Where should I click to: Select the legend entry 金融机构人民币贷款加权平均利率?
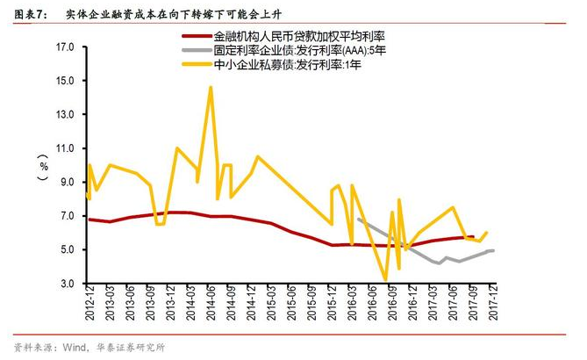click(298, 37)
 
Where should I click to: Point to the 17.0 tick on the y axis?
click(65, 47)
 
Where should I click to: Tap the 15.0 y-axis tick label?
click(65, 81)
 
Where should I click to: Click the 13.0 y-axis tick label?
click(65, 115)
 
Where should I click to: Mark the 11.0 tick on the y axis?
click(65, 148)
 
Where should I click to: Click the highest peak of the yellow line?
click(211, 87)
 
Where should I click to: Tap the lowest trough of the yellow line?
click(385, 280)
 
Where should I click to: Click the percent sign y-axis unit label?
click(43, 166)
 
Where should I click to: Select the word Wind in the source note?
click(74, 347)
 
